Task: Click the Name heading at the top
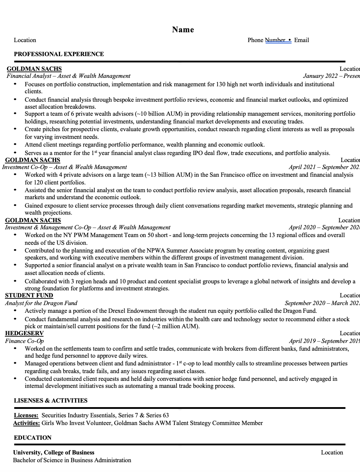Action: [183, 30]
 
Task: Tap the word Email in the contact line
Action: [301, 40]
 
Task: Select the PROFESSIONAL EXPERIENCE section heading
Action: [59, 54]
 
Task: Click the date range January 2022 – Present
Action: [331, 76]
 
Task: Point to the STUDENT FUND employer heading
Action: [29, 295]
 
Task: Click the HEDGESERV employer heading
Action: [25, 333]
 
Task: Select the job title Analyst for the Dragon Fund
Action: [41, 303]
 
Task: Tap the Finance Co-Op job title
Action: [25, 341]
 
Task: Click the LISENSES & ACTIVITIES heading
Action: [51, 400]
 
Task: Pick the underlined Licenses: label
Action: [26, 415]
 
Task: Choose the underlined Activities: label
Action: [26, 423]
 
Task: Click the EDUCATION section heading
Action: [33, 438]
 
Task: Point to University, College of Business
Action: [54, 452]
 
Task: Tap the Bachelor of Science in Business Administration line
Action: [72, 460]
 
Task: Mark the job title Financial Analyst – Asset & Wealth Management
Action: [68, 76]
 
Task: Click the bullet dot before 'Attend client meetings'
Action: [15, 144]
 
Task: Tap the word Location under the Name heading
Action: [25, 40]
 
